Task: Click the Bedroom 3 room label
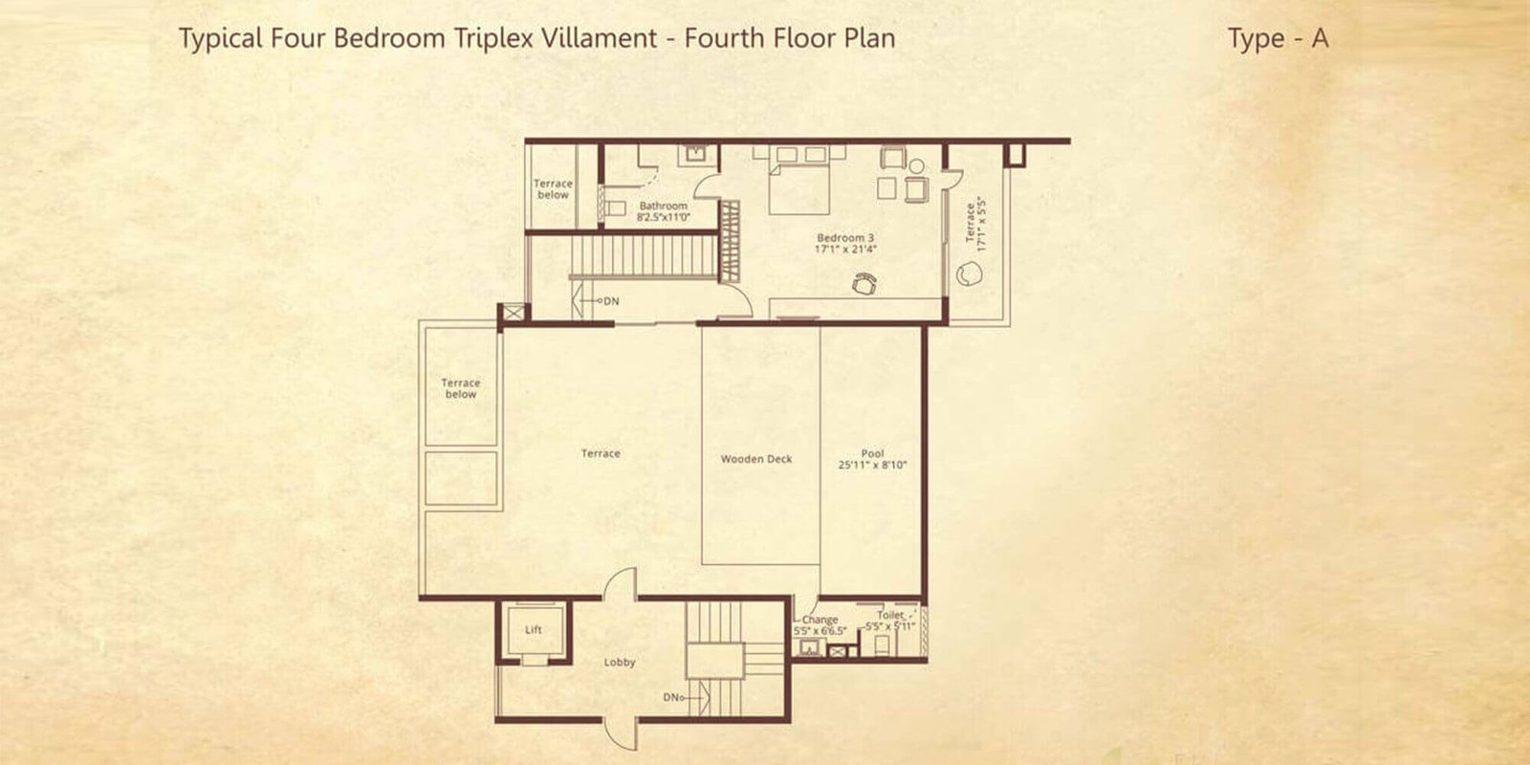click(x=845, y=238)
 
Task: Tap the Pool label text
click(x=872, y=453)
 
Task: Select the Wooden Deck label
click(x=756, y=459)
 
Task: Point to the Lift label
click(x=534, y=630)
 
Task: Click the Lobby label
click(x=620, y=662)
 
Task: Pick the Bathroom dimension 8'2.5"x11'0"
click(x=664, y=217)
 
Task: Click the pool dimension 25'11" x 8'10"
click(x=872, y=465)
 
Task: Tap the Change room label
click(x=820, y=620)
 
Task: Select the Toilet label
click(x=890, y=615)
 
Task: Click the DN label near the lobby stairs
click(x=670, y=697)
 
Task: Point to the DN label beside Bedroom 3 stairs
click(x=611, y=300)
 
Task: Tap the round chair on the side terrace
click(x=969, y=274)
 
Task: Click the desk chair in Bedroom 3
click(x=864, y=283)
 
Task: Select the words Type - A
click(x=1278, y=38)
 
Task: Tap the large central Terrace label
click(x=601, y=453)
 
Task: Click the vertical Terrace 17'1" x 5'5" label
click(x=975, y=224)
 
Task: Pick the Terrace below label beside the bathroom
click(x=553, y=189)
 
